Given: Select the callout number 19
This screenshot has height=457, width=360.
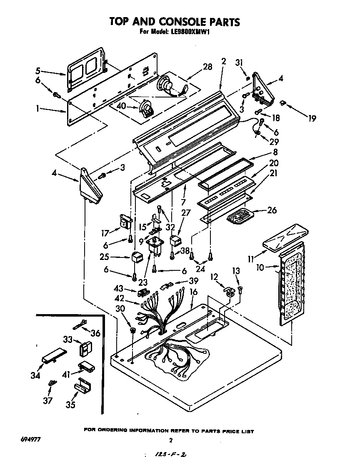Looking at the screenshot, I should coord(312,118).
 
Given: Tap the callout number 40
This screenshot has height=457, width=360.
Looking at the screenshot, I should coord(121,106).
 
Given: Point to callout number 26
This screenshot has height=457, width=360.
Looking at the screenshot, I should coord(271,210).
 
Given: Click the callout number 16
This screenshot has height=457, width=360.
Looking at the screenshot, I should coord(193,292).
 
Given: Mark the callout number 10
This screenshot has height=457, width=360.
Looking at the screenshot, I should coord(260,267).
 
